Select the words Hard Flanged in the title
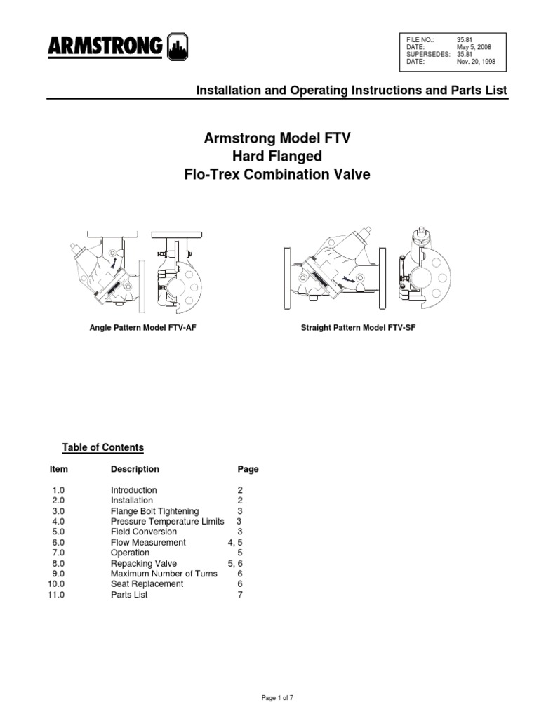277,157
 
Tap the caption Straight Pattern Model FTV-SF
358,328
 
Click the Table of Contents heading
102,447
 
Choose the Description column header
135,469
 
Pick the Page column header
248,469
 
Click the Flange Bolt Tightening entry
154,511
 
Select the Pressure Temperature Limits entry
167,522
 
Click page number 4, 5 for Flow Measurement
234,542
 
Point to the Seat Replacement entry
147,584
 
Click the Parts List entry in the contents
129,595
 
